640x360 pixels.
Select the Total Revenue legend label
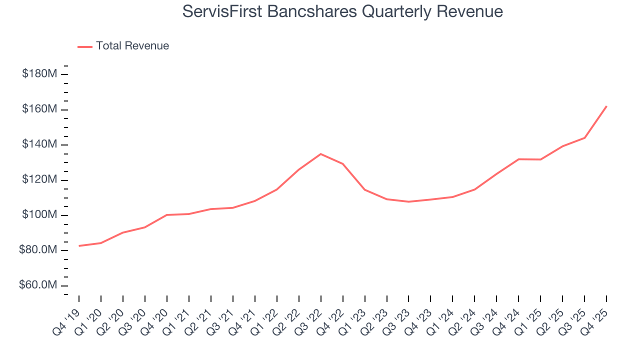coord(132,46)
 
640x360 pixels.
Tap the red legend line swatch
coord(85,46)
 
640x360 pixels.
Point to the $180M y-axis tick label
coord(39,74)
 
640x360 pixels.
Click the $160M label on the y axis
coord(39,109)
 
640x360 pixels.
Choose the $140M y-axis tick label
coord(39,144)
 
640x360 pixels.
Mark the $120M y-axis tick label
coord(39,180)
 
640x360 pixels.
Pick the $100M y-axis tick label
coord(39,215)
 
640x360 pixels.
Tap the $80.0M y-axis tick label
coord(37,250)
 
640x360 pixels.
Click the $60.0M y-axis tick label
coord(37,285)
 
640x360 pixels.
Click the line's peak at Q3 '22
coord(321,154)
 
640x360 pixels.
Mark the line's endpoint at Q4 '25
coord(606,106)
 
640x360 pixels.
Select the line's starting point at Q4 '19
coord(79,246)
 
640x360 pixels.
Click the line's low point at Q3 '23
coord(409,202)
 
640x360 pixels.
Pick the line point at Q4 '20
coord(167,215)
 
